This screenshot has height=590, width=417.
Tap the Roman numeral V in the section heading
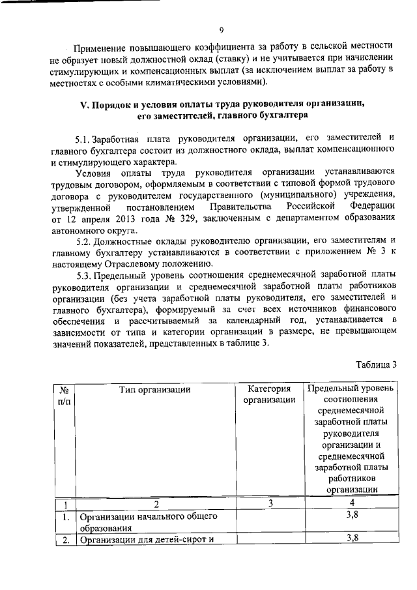coord(83,104)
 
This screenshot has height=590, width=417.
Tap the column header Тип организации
coord(155,390)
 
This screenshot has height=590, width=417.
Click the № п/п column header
coord(64,395)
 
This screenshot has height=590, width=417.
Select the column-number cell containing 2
coord(156,503)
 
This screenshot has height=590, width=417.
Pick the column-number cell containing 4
coord(352,503)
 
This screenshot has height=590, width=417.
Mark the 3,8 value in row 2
coord(352,538)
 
